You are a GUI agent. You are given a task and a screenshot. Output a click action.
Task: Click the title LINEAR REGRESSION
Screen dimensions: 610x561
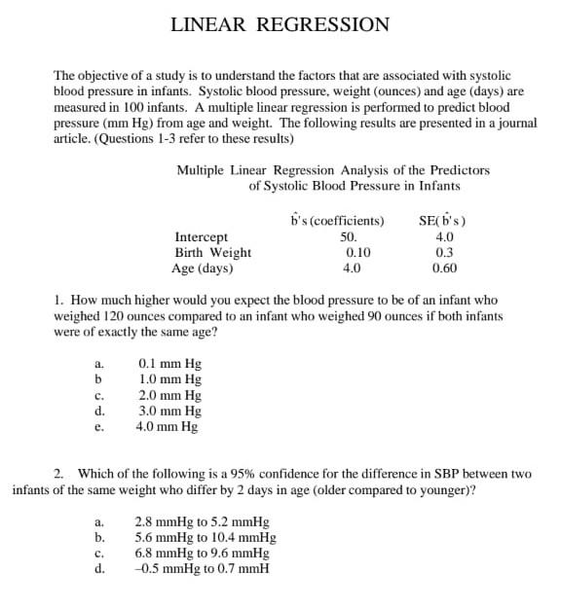point(280,25)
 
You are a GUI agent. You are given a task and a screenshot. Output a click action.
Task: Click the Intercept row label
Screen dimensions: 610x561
point(201,236)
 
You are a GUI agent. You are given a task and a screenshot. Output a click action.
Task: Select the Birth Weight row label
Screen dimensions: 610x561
point(212,253)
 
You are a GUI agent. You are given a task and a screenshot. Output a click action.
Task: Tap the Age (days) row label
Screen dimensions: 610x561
point(202,269)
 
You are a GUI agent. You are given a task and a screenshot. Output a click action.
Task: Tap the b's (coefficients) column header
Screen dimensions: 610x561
point(337,220)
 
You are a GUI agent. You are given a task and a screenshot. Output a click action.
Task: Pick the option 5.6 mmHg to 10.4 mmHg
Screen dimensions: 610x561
point(205,537)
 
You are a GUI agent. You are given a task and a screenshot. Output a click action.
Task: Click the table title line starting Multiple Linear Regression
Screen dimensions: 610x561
point(333,169)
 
